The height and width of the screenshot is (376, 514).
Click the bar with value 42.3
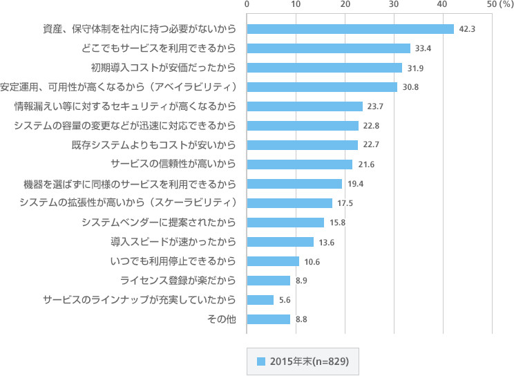pyautogui.click(x=350, y=29)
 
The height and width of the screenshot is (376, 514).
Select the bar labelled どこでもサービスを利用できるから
pyautogui.click(x=329, y=48)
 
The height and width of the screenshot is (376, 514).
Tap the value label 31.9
pyautogui.click(x=415, y=68)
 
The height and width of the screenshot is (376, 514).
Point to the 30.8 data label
pyautogui.click(x=410, y=87)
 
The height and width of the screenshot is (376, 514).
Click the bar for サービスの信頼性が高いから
pyautogui.click(x=300, y=164)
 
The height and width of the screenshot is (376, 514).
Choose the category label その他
pyautogui.click(x=222, y=319)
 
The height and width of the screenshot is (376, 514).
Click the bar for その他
pyautogui.click(x=269, y=319)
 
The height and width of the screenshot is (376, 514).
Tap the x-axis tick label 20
pyautogui.click(x=345, y=5)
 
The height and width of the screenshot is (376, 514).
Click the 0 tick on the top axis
pyautogui.click(x=247, y=5)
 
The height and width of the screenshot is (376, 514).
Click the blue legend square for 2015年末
pyautogui.click(x=261, y=361)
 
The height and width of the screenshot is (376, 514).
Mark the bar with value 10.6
pyautogui.click(x=273, y=261)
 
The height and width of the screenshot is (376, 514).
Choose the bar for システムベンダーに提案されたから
pyautogui.click(x=285, y=223)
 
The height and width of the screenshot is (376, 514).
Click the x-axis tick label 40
pyautogui.click(x=442, y=5)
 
